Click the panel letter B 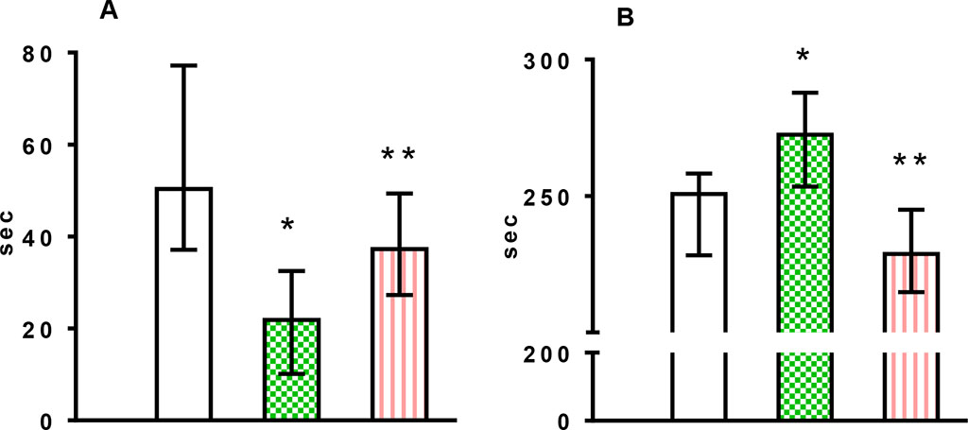click(x=627, y=17)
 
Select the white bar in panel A click(x=183, y=302)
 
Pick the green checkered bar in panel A click(x=291, y=370)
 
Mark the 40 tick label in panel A click(x=38, y=236)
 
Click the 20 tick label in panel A click(x=38, y=328)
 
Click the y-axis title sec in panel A click(x=11, y=236)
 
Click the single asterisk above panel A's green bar click(x=288, y=226)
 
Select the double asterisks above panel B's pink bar click(x=912, y=161)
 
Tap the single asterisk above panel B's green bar click(x=803, y=57)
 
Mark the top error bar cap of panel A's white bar click(x=183, y=65)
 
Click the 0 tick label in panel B click(x=561, y=421)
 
